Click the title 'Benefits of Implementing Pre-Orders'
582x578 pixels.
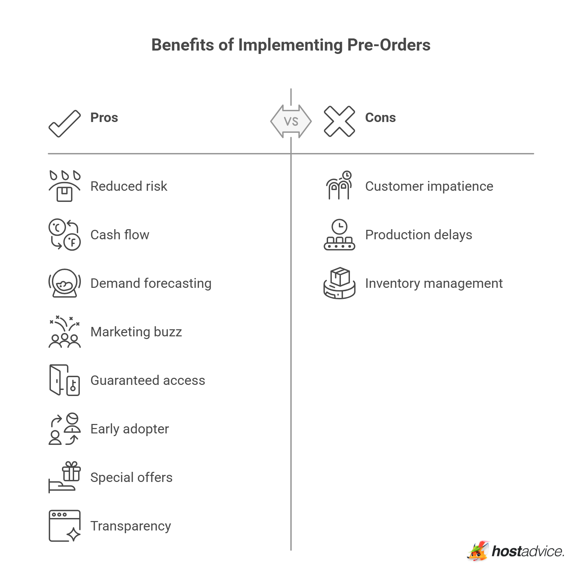(291, 45)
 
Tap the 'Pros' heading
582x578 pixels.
(104, 118)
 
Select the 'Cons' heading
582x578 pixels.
(380, 118)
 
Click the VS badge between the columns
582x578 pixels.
(291, 121)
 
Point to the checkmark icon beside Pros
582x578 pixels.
(65, 124)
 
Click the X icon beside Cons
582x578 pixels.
(339, 121)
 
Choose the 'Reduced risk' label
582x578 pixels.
(129, 186)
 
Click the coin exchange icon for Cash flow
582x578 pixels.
(65, 235)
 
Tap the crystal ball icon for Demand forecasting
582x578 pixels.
(65, 283)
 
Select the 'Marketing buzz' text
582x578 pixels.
(136, 332)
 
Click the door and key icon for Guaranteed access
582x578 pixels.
(65, 380)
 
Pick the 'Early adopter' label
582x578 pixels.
(130, 429)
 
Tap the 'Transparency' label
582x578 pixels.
(131, 526)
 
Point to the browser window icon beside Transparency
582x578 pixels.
(65, 526)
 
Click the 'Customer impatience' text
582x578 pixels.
(429, 186)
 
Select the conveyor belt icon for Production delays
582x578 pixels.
(339, 235)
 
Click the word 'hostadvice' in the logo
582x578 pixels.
(528, 551)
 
